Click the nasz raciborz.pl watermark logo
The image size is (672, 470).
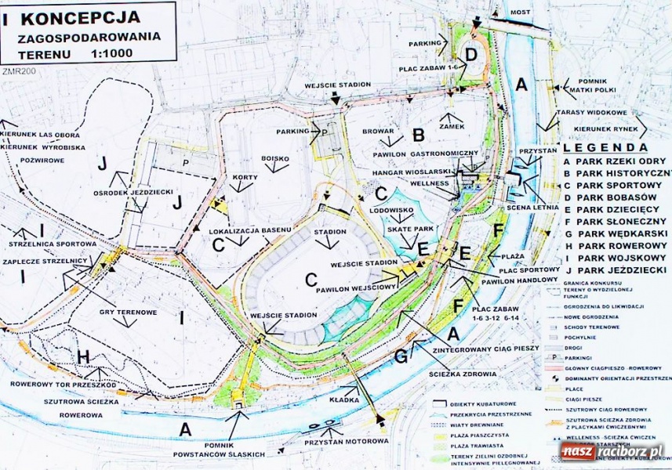pos(613,453)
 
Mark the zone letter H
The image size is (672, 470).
pos(84,356)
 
